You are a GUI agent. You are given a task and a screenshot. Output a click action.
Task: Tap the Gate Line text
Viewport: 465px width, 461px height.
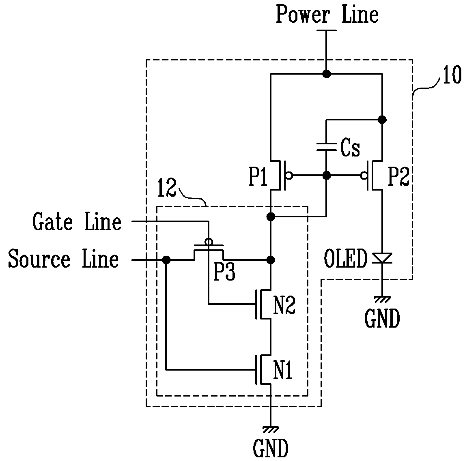coord(77,221)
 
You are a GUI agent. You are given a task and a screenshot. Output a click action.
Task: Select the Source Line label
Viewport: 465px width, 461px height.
coord(63,259)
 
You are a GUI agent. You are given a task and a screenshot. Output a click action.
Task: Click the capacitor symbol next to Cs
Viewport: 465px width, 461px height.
coord(326,147)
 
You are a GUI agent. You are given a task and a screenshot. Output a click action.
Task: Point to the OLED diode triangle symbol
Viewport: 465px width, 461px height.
coord(382,258)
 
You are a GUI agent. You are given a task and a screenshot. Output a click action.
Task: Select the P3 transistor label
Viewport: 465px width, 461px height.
coord(224,272)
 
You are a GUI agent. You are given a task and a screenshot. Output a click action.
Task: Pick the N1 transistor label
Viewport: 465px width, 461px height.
coord(283,370)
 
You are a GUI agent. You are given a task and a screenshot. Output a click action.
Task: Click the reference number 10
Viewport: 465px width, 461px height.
coord(452,75)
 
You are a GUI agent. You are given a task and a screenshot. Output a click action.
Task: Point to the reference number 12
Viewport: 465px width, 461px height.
coord(167,188)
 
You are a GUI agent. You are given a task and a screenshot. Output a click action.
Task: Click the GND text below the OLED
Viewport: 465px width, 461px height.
coord(382,319)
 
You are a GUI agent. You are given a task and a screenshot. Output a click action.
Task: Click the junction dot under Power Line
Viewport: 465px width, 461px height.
coord(327,74)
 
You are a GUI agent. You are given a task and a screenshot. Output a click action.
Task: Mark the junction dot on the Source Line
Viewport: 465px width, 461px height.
coord(166,260)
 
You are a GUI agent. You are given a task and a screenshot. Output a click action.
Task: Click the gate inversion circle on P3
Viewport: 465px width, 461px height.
coord(209,242)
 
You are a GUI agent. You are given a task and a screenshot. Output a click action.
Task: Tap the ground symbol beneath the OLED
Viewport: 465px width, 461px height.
coord(382,299)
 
